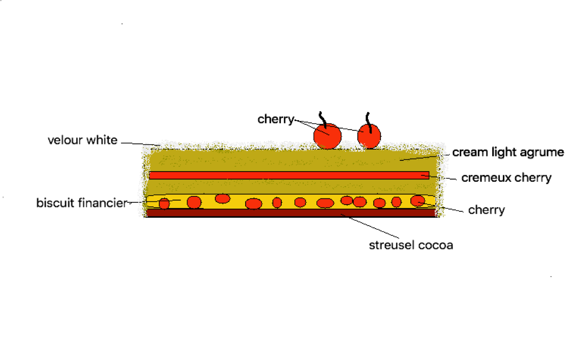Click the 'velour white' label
[x=83, y=140]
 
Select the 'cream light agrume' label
[x=508, y=152]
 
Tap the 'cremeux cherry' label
[x=506, y=178]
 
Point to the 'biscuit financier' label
[x=82, y=203]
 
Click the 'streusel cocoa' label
[x=411, y=245]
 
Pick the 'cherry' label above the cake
[x=276, y=119]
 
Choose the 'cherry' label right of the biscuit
[x=486, y=210]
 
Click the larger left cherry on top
[x=327, y=136]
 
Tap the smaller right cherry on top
[x=369, y=136]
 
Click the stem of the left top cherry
[x=323, y=120]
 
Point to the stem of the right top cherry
[x=368, y=122]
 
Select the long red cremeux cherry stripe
[x=289, y=175]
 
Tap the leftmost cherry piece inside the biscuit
[x=164, y=204]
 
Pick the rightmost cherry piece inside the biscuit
[x=418, y=201]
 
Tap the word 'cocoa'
[x=435, y=245]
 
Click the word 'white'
[x=102, y=140]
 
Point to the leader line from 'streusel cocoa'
[x=370, y=226]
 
